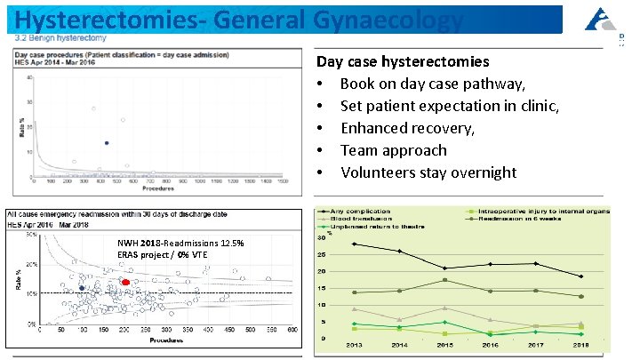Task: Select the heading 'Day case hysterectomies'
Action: (403, 62)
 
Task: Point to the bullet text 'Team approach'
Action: (394, 150)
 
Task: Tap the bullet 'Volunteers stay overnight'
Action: (428, 172)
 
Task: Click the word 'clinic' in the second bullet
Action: (533, 106)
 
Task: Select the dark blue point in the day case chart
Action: (108, 142)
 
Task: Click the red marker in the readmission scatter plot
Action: (125, 282)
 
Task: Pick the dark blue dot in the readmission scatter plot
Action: (82, 289)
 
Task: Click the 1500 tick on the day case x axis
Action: (283, 183)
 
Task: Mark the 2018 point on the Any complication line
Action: (580, 276)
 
